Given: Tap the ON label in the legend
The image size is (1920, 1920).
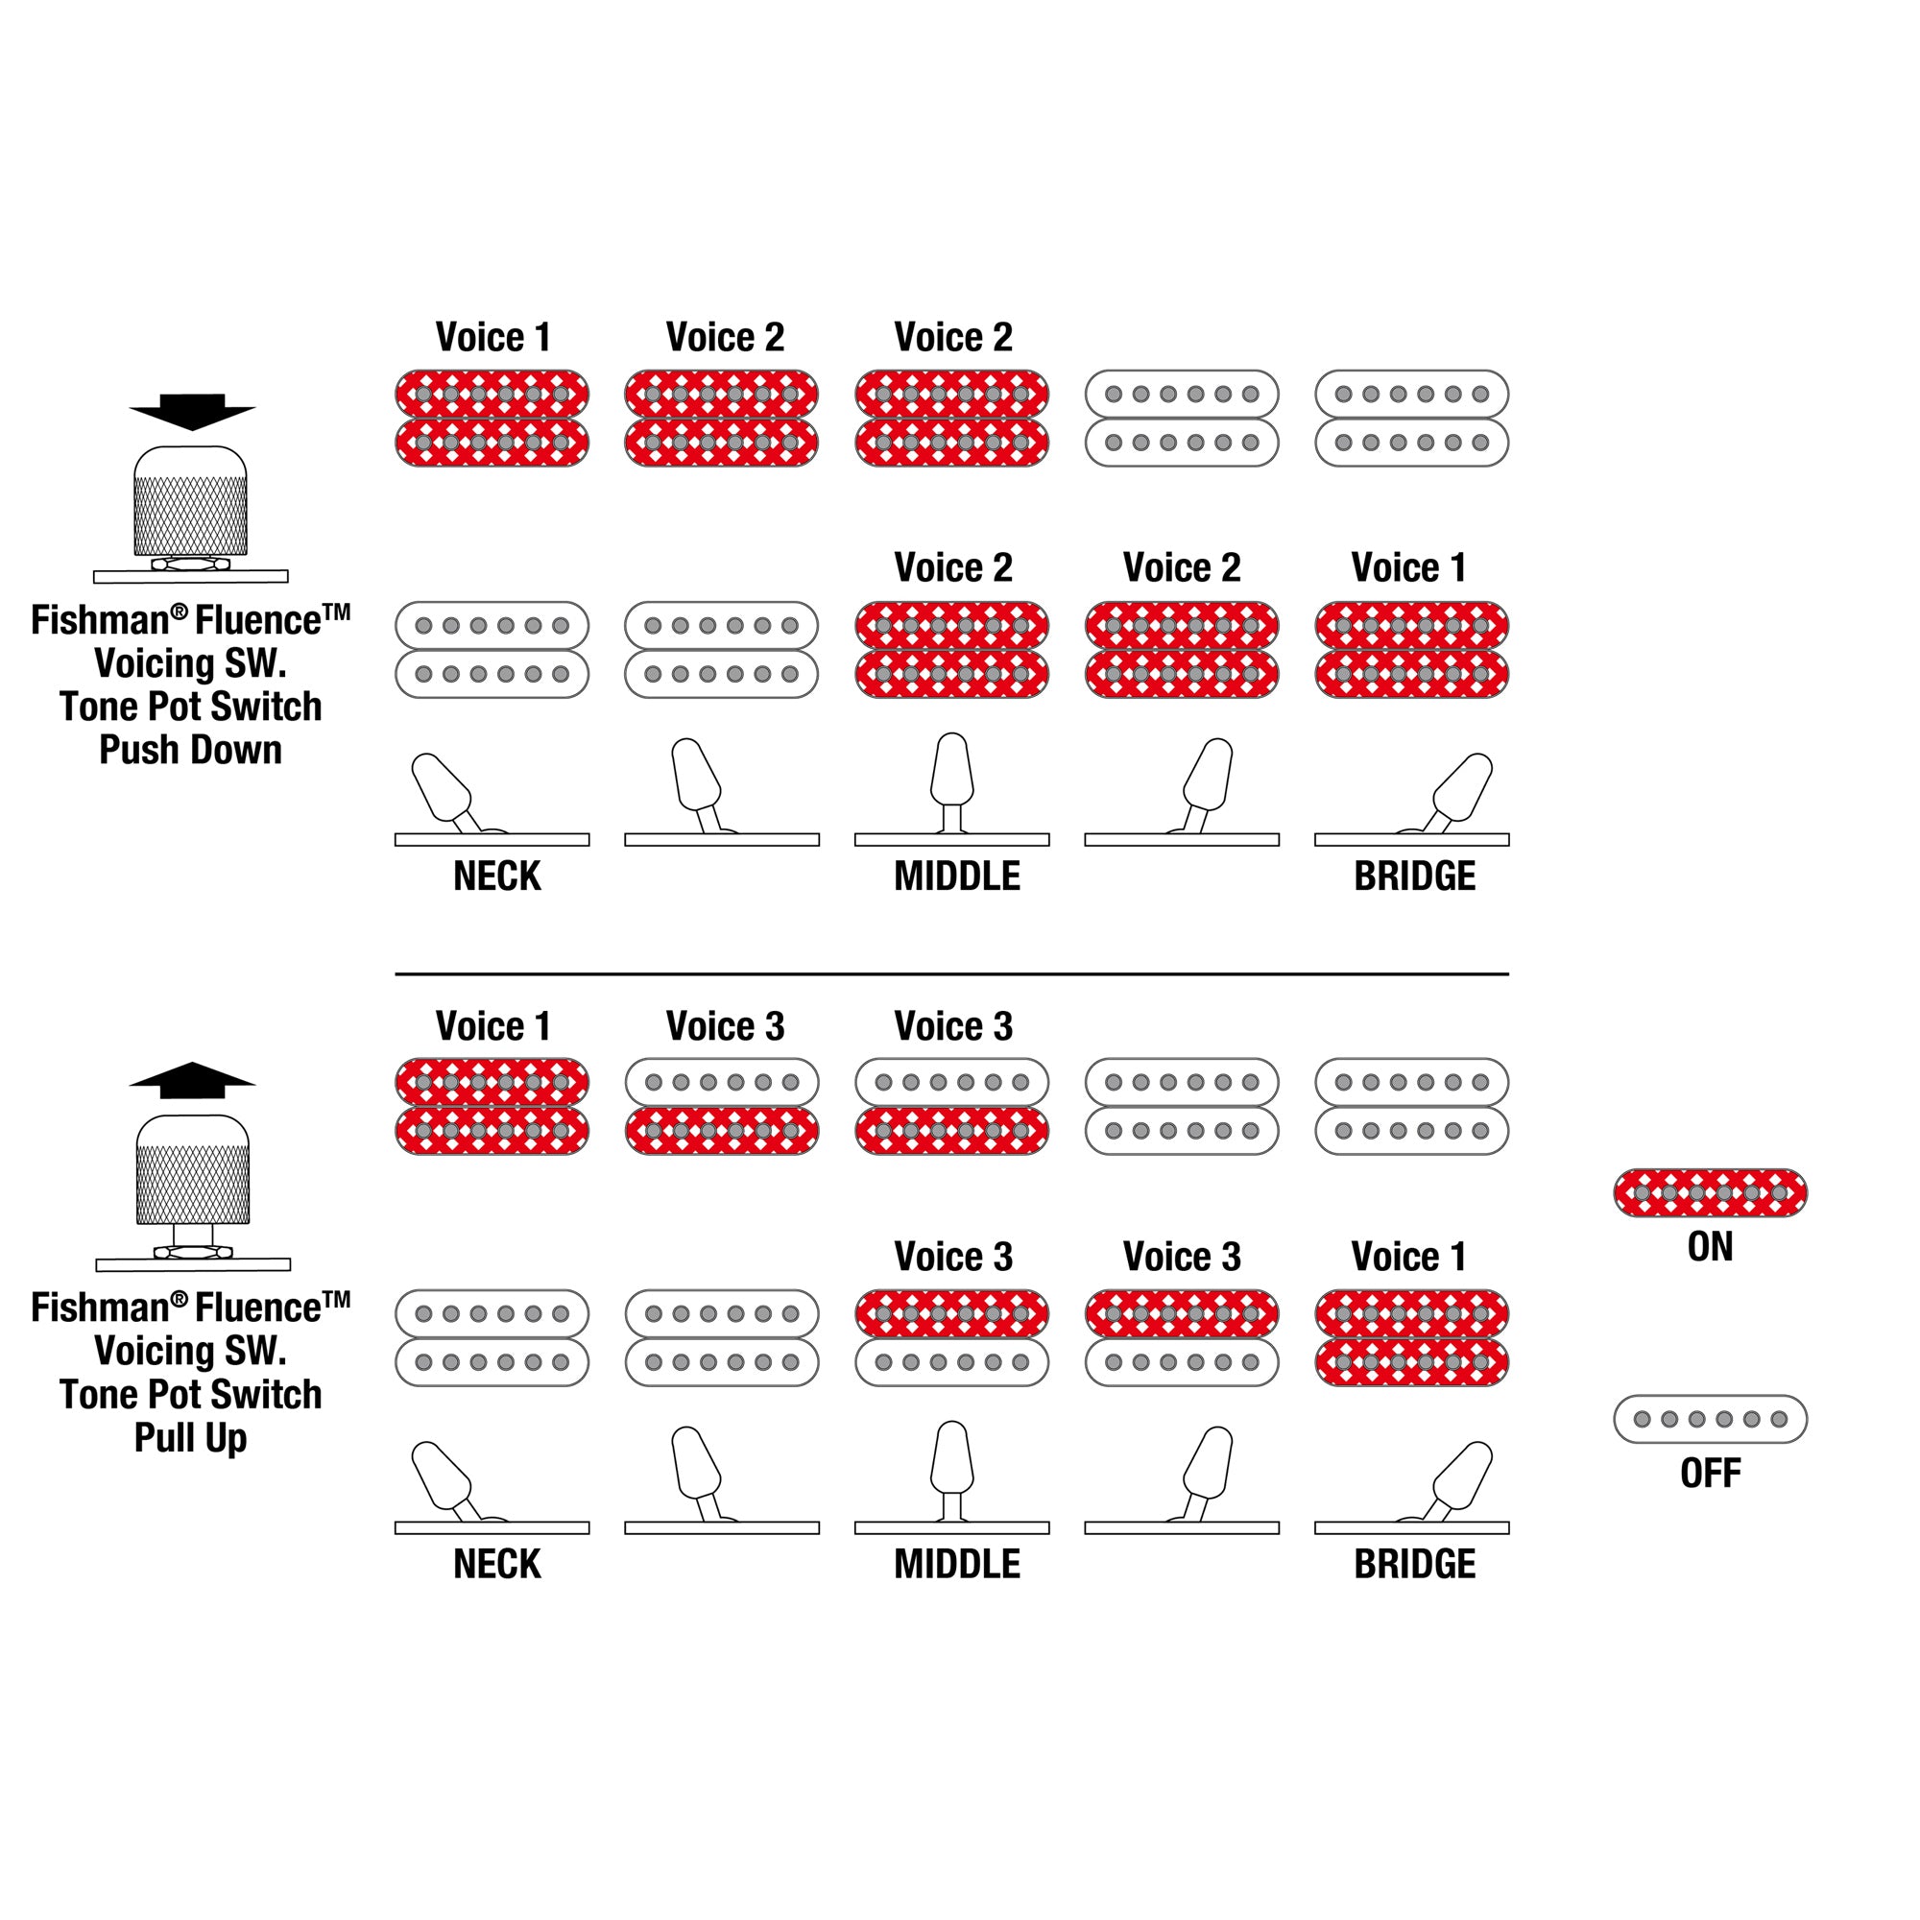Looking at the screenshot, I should [x=1710, y=1246].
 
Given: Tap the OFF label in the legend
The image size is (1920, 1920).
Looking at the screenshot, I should [x=1710, y=1473].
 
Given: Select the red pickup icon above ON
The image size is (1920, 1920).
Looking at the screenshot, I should [x=1710, y=1192].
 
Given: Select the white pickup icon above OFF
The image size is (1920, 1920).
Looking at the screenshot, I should [x=1710, y=1419].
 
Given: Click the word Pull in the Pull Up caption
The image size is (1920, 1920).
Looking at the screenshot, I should [x=165, y=1438].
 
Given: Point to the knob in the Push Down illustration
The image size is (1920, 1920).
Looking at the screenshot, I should [x=191, y=502].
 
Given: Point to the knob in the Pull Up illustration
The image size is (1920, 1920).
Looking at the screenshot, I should [x=193, y=1170].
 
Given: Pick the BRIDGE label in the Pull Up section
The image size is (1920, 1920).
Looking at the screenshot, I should [x=1414, y=1564].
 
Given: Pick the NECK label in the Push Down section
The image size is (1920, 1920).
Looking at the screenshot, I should [x=497, y=876].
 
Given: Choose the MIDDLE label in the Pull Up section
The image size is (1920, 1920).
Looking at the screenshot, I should [x=956, y=1564].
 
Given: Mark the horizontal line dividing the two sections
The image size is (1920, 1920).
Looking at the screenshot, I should [x=951, y=973].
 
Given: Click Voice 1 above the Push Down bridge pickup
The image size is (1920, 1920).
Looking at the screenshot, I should [x=1408, y=567].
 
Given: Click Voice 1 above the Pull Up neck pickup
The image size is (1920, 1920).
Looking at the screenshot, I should [x=492, y=1025].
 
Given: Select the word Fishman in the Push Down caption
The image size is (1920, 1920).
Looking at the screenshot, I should [x=100, y=621].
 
